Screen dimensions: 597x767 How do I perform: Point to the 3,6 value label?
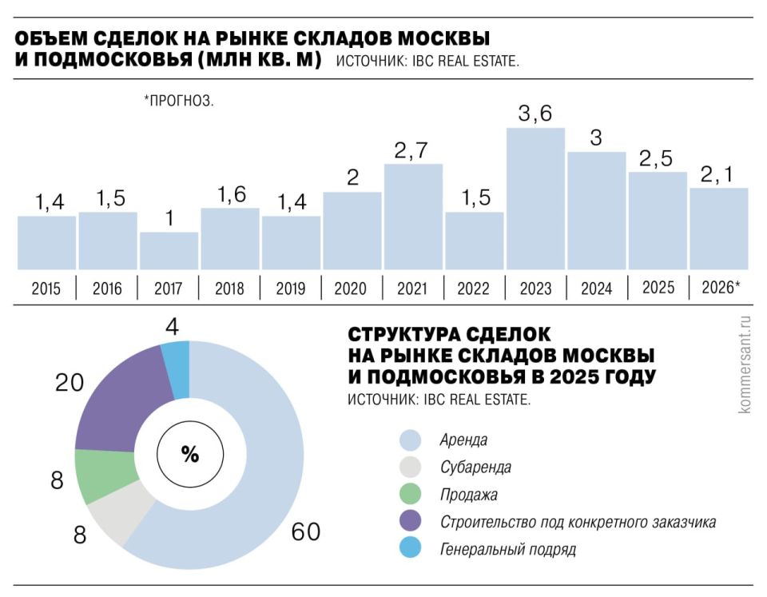click(x=535, y=114)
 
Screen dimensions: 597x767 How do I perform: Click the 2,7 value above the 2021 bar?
click(x=413, y=150)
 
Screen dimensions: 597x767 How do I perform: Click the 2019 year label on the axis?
click(x=291, y=289)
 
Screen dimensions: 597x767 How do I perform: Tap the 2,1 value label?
click(x=719, y=174)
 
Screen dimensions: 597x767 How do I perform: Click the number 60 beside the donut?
click(x=305, y=531)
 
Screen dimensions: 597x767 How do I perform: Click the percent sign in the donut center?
click(x=189, y=455)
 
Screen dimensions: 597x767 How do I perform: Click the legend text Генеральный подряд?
click(x=507, y=550)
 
